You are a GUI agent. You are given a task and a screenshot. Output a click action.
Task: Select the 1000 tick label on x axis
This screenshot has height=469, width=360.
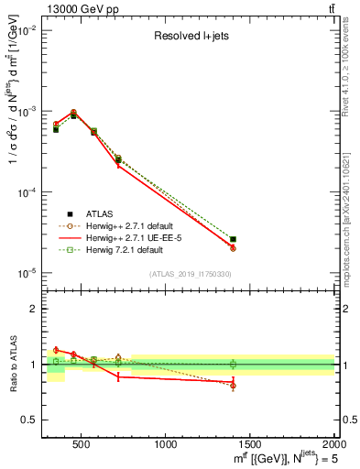tap(166, 444)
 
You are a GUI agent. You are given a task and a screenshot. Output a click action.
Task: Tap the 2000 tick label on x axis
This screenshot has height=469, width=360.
tap(334, 444)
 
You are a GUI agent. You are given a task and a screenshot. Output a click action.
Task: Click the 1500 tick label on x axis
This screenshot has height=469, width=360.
tap(250, 444)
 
